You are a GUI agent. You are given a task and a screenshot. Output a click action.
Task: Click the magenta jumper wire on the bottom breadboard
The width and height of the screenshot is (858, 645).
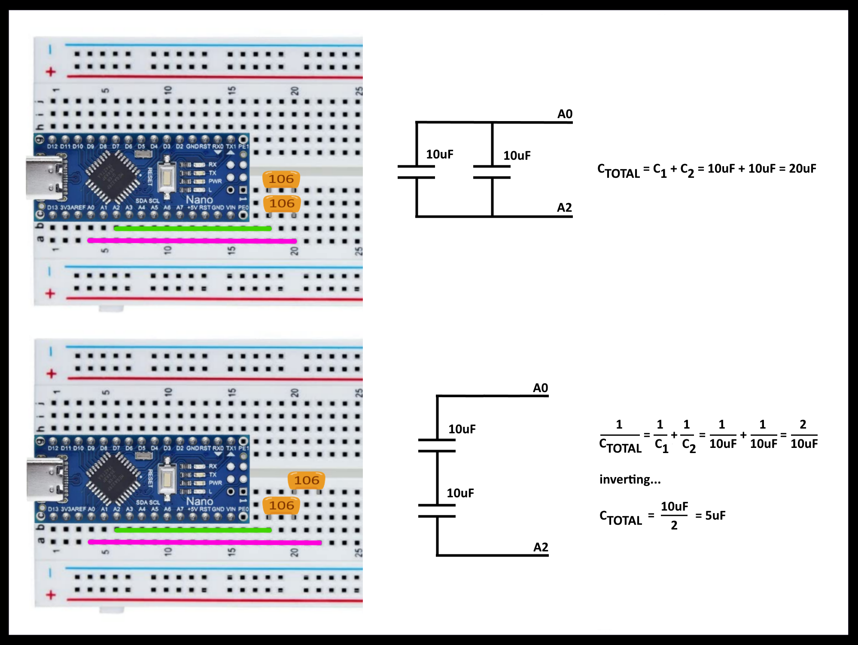[x=204, y=542]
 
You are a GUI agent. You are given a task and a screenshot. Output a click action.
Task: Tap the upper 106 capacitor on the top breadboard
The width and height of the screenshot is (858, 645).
[x=281, y=179]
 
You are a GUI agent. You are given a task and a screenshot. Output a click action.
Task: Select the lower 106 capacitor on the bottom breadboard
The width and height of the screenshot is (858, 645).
[x=281, y=505]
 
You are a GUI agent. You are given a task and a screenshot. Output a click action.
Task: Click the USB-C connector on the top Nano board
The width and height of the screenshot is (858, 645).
[x=44, y=178]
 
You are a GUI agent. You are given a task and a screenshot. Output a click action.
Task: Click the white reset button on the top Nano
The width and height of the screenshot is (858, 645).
[x=165, y=177]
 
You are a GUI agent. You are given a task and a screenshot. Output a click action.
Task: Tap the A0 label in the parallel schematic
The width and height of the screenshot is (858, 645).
[x=565, y=114]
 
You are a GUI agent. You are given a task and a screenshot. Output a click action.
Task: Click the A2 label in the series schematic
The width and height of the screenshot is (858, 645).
[x=541, y=547]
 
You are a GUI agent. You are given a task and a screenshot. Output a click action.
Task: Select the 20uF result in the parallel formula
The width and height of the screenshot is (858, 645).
[x=802, y=168]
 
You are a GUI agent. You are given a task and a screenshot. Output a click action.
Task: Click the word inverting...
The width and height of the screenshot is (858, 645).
[x=630, y=479]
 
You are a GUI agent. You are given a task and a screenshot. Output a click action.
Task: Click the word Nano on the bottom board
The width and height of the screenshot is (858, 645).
[x=199, y=501]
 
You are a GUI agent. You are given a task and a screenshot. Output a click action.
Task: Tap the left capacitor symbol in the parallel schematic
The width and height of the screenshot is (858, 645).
[x=416, y=172]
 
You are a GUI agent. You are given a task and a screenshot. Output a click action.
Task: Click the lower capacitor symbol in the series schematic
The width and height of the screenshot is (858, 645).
[x=437, y=511]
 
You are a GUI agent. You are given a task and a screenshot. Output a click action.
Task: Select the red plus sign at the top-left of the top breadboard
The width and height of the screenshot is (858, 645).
[x=51, y=72]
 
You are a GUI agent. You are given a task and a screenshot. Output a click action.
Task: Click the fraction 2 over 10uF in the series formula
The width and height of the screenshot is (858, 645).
[x=803, y=435]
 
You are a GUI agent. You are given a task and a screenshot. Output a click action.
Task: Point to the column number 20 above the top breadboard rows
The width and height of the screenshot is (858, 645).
[x=295, y=91]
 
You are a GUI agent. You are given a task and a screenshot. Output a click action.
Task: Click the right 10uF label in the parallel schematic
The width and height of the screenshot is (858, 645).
[x=517, y=155]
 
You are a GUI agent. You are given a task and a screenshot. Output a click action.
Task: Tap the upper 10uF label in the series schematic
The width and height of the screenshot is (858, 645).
[x=462, y=429]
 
